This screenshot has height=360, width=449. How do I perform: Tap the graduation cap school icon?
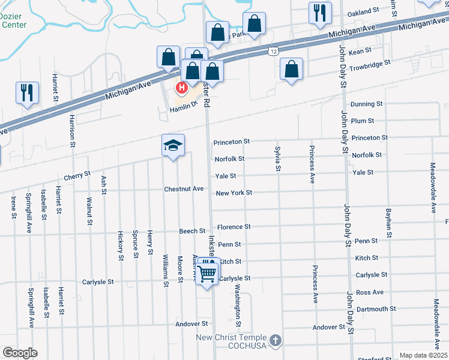click(x=173, y=146)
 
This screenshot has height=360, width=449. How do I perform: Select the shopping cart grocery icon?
click(x=208, y=273)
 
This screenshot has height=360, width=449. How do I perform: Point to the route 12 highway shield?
click(x=273, y=53)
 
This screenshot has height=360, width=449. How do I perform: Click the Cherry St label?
click(x=77, y=177)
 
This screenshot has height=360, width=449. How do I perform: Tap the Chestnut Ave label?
click(x=184, y=189)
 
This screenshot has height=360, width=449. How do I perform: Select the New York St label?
click(x=234, y=193)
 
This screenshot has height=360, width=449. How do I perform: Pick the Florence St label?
click(x=234, y=227)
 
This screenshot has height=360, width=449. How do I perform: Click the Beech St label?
click(x=192, y=231)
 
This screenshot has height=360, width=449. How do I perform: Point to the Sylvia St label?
click(x=278, y=158)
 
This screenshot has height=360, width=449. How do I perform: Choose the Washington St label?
click(x=238, y=305)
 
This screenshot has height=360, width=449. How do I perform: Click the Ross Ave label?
click(x=369, y=292)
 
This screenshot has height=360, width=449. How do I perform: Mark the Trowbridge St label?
click(x=370, y=62)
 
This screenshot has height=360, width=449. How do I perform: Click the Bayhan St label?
click(x=389, y=220)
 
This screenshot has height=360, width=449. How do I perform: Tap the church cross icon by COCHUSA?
click(x=275, y=341)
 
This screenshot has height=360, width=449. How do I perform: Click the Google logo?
click(x=20, y=353)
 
